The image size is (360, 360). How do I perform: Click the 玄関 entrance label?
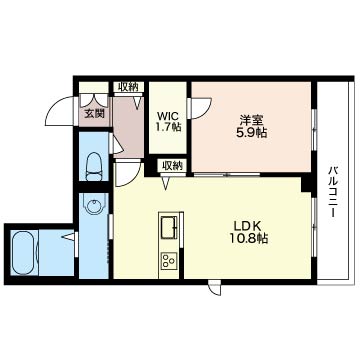[x=94, y=114]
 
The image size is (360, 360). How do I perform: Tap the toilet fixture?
[x=94, y=167]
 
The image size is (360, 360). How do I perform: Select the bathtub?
[x=25, y=252]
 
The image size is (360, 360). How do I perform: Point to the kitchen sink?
[x=169, y=227]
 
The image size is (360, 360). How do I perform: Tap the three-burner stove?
[x=169, y=260]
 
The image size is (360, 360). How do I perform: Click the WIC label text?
[x=168, y=117]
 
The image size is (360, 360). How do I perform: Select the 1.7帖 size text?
[x=168, y=127]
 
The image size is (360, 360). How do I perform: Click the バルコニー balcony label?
[x=333, y=191]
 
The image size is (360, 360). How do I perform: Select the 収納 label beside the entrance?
[x=128, y=87]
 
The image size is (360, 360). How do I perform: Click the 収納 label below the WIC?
[x=173, y=166]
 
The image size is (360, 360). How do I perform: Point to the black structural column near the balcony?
[x=306, y=184]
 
